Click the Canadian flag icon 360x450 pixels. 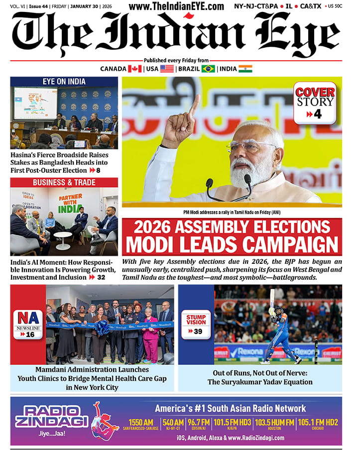point(135,69)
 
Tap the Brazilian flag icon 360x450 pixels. point(208,69)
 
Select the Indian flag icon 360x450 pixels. point(245,69)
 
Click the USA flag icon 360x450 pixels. point(167,69)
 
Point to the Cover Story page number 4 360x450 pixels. point(317,114)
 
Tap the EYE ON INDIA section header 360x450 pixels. point(64,82)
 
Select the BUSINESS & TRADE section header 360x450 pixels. point(64,182)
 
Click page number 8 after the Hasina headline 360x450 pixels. point(98,170)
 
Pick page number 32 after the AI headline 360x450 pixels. point(101,277)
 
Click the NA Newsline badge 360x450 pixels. point(28,324)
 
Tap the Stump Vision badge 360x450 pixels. point(196,324)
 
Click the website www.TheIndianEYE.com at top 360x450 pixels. point(176,6)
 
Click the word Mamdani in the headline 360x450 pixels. point(54,370)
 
